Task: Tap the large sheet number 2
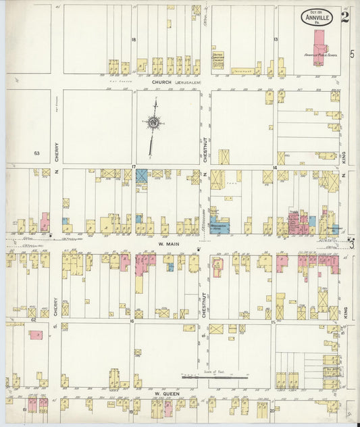[x=344, y=16]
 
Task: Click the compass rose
[x=154, y=123]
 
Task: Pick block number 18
[x=134, y=40]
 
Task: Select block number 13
[x=276, y=40]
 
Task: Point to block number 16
[x=133, y=322]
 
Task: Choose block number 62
[x=33, y=320]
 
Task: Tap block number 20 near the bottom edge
[x=272, y=409]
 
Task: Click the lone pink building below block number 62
[x=35, y=334]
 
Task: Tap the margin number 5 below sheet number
[x=351, y=53]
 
